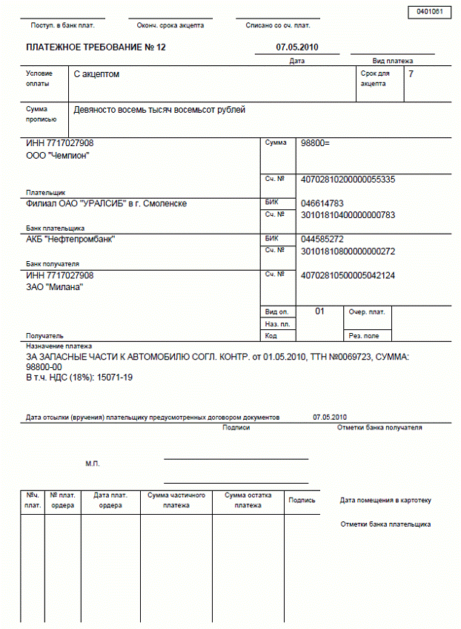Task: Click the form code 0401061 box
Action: point(429,12)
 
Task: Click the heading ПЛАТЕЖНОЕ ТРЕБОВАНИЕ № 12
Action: point(96,47)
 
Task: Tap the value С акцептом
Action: point(97,75)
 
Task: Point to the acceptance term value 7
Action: point(411,74)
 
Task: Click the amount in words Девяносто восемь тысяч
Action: point(159,111)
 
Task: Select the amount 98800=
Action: point(315,143)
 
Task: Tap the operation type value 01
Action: point(320,312)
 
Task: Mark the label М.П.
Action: point(93,464)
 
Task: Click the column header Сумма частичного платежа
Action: point(176,500)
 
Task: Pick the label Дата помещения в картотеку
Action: point(385,501)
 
